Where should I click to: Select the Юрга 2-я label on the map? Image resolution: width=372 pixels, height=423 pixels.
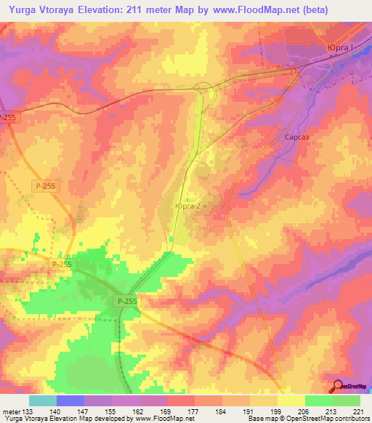click(193, 206)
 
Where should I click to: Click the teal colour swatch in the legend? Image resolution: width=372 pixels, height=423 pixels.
click(43, 400)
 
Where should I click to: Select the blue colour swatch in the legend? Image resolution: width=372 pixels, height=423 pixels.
click(70, 400)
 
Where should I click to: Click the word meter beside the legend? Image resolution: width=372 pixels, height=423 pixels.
click(10, 411)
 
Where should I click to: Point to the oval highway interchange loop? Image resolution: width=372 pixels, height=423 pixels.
click(204, 90)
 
